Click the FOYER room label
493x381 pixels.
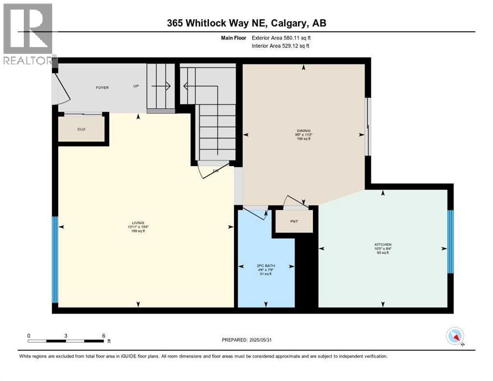click(102, 88)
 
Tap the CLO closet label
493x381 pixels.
click(82, 129)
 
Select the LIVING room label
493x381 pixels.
click(138, 223)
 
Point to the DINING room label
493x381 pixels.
click(302, 132)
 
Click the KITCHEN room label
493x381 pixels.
click(383, 245)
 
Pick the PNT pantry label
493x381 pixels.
click(294, 221)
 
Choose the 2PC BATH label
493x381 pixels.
click(265, 266)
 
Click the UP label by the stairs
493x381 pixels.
click(135, 86)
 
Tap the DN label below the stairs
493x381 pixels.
click(216, 171)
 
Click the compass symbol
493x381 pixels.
click(455, 336)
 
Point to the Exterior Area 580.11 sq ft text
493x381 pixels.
click(281, 37)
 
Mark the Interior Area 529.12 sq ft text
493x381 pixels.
click(281, 46)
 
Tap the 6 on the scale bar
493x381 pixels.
click(103, 335)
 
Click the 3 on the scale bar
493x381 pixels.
click(65, 335)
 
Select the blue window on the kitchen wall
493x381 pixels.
click(450, 242)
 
